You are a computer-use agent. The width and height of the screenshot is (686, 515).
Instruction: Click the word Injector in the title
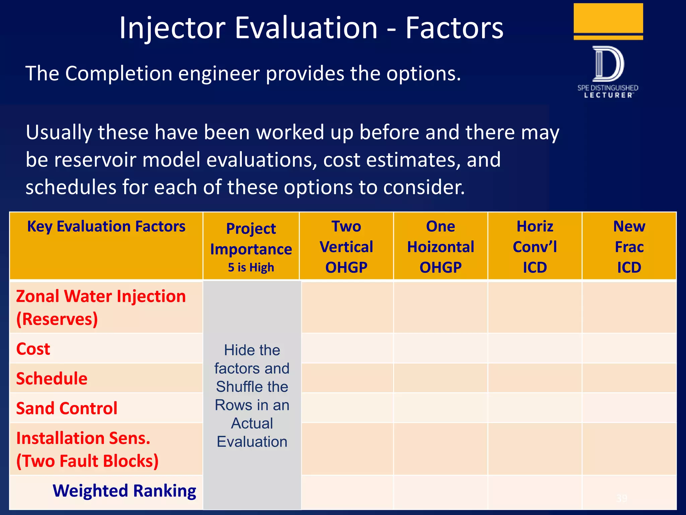[172, 28]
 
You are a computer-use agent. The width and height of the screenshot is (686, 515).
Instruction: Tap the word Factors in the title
[454, 28]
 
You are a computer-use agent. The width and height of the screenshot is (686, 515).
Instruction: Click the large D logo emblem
[608, 64]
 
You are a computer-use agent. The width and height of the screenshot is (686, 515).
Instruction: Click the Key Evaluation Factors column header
[106, 227]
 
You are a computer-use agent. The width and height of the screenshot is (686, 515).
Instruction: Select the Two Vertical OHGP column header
[346, 246]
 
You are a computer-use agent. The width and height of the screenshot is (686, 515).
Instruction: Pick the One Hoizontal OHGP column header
[440, 246]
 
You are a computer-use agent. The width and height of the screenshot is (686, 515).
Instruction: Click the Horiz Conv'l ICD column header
[535, 246]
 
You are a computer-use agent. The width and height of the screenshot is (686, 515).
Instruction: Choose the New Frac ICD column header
[629, 246]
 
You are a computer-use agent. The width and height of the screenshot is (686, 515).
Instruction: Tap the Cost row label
[33, 349]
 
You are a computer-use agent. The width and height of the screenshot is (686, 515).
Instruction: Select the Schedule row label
[52, 379]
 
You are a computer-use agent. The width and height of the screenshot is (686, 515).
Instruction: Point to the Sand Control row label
[67, 408]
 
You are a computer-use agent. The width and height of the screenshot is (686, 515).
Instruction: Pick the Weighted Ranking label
[124, 491]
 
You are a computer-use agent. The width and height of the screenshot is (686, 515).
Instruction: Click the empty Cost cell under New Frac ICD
[629, 348]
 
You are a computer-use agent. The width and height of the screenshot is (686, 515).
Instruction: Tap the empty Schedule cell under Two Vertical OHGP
[347, 378]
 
